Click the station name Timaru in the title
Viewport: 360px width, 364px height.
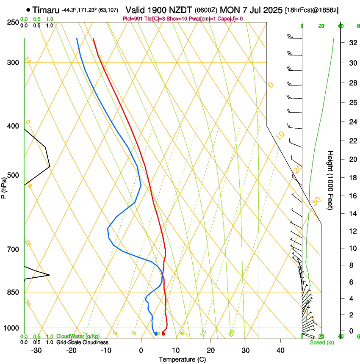coord(46,10)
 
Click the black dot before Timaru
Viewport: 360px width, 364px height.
coord(28,10)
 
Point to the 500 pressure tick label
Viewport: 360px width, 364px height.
coord(13,175)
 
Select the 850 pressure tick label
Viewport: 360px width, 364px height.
coord(13,292)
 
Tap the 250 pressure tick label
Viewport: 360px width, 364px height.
coord(13,22)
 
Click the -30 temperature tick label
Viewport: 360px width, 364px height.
coord(36,350)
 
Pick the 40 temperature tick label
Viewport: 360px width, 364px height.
coord(280,350)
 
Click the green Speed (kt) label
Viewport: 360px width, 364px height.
coord(321,342)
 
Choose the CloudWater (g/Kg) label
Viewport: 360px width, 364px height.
coord(78,336)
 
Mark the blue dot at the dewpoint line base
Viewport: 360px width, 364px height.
coord(156,334)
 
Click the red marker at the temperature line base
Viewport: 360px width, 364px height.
coord(163,334)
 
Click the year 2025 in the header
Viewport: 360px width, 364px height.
coord(270,10)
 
